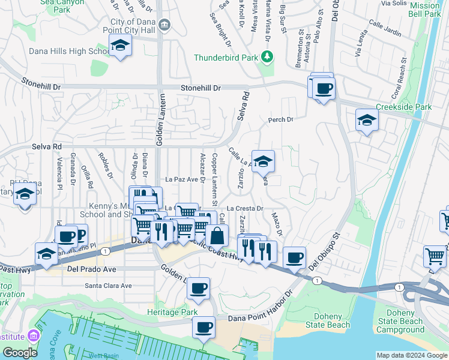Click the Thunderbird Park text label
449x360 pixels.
point(225,58)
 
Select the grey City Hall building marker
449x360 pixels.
point(166,25)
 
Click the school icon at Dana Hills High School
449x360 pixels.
point(120,45)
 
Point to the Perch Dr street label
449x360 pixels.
point(280,120)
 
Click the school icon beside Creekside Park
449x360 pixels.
point(367,119)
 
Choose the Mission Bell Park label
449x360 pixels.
point(424,10)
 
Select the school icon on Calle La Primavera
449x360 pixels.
point(263,161)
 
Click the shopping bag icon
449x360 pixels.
point(217,235)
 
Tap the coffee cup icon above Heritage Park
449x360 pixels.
point(198,288)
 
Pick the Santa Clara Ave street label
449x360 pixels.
point(108,286)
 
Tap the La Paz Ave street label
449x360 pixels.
point(181,179)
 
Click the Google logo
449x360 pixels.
point(20,353)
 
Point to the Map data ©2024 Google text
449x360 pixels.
point(411,355)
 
